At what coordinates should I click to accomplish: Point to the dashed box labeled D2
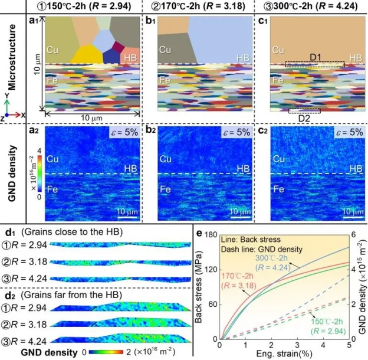[304, 110]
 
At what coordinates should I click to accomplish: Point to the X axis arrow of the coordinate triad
[22, 114]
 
